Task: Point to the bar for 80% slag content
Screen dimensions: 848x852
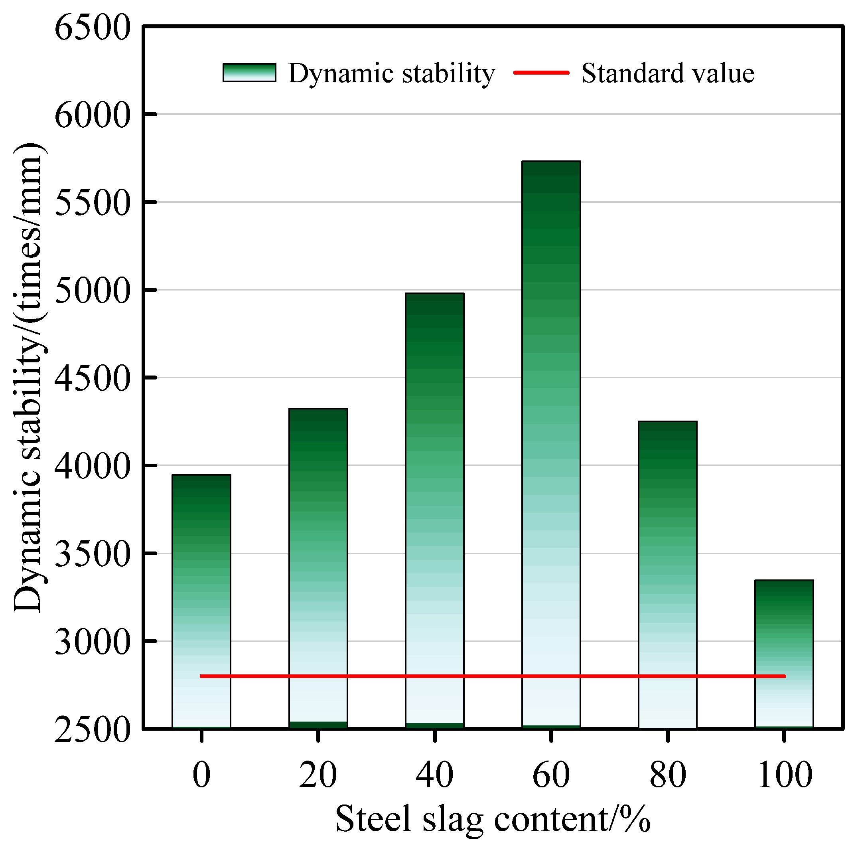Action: point(667,573)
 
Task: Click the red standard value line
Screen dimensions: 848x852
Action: point(493,676)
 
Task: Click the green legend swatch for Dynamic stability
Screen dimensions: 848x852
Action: point(249,73)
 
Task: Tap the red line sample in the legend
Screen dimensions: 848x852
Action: point(541,73)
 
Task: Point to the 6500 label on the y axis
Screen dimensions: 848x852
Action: point(93,28)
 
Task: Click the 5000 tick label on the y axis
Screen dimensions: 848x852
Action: point(93,290)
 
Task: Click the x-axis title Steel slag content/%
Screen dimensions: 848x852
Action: point(493,819)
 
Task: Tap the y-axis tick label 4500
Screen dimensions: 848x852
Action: point(93,378)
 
